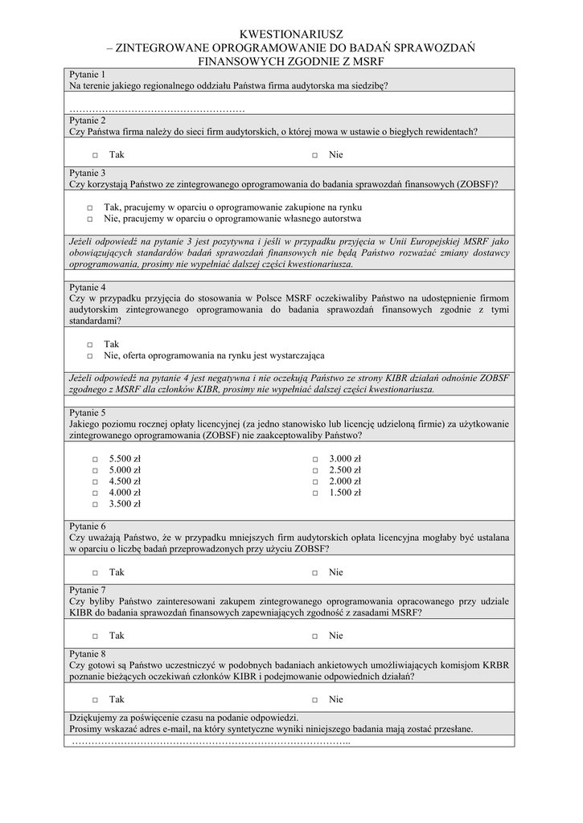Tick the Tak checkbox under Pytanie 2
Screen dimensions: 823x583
pos(94,155)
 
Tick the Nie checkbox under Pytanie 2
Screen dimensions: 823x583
pos(315,155)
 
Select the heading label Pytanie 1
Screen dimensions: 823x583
pos(88,74)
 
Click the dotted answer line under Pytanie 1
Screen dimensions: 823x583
pos(157,109)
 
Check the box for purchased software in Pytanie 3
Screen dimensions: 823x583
pos(90,207)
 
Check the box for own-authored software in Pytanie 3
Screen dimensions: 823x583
pos(90,219)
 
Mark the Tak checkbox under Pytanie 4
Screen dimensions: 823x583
pos(90,344)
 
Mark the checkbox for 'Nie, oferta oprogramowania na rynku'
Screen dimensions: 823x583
pos(90,355)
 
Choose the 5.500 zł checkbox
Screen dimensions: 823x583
pos(94,460)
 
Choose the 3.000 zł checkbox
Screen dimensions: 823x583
pos(315,460)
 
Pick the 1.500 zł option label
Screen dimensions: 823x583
pos(345,493)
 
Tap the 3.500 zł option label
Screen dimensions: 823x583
pos(125,504)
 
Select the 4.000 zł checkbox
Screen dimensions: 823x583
pos(94,493)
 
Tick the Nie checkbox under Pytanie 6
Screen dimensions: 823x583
pos(315,573)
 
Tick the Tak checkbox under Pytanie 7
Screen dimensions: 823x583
pos(94,636)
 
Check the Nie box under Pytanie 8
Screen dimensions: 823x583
pos(315,699)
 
